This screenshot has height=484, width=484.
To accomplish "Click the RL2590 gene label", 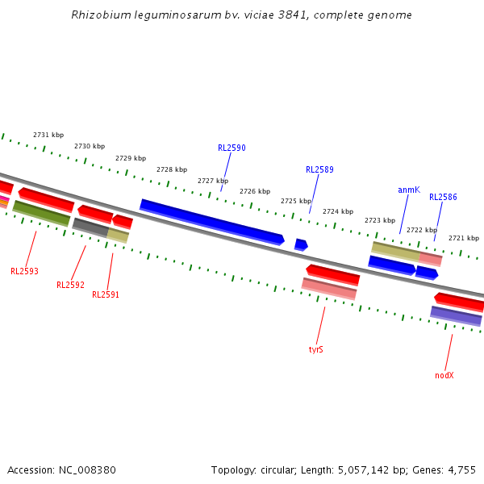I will click(x=232, y=148).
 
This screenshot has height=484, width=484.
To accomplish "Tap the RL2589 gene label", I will click(x=319, y=170).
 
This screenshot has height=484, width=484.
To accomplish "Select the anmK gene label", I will click(x=409, y=190).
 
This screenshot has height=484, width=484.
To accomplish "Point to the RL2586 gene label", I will click(x=443, y=198).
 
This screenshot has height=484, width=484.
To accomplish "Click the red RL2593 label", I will click(x=24, y=272).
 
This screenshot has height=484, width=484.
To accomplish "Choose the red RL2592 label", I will click(x=70, y=285).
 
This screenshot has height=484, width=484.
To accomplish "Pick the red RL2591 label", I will click(x=106, y=295).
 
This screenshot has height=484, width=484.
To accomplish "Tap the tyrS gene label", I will click(x=316, y=350).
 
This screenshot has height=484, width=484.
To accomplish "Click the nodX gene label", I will click(x=444, y=375).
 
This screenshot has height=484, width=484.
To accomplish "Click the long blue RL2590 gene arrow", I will click(x=211, y=221).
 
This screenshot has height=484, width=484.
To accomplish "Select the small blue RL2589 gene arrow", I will click(x=301, y=244).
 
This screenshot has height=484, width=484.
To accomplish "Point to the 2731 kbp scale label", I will click(x=48, y=136).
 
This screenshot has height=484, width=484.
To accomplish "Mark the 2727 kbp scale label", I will click(x=213, y=181).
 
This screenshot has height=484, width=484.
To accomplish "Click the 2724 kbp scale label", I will click(x=338, y=212).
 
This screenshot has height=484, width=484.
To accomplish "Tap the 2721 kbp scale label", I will click(x=464, y=239).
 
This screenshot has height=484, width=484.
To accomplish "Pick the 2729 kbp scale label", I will click(x=131, y=159).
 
